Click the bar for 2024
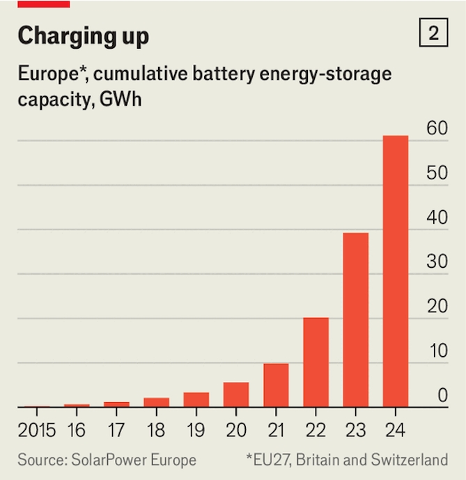396,271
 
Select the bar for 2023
356,320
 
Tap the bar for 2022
316,362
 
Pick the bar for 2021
276,385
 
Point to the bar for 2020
236,394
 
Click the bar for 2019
196,399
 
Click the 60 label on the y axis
437,128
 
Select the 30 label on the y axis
437,262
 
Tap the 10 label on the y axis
437,351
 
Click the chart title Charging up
83,35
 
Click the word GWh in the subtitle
130,99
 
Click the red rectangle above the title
43,3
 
